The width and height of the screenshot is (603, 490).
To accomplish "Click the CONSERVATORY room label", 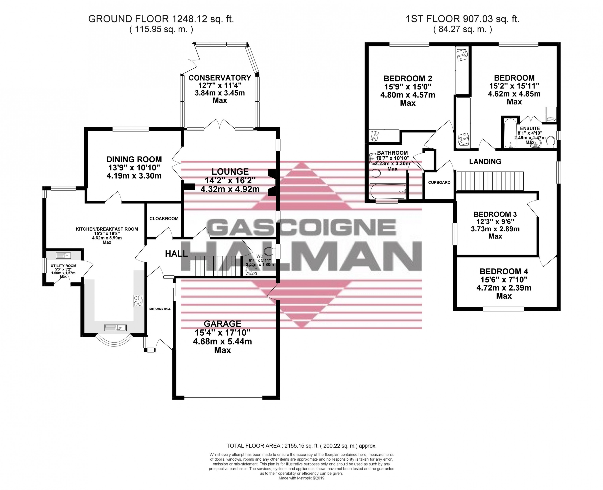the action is coord(220,78).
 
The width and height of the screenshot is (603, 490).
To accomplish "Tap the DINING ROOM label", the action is coord(134,159).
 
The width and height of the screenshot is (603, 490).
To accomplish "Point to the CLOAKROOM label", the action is coord(164,218).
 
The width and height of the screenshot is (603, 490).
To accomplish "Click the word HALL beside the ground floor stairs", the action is coord(176,254).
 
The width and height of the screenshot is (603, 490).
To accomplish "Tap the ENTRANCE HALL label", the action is coord(160,309).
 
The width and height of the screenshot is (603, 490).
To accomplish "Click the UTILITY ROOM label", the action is coord(63,266).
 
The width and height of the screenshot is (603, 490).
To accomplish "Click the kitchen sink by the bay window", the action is coord(115,328).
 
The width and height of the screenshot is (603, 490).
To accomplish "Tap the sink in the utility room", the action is coord(63,256).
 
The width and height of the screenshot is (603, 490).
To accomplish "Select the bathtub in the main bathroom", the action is coord(388,191).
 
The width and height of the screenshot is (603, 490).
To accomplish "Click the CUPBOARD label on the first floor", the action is coord(439,182).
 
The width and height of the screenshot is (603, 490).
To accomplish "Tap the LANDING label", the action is coord(485,161).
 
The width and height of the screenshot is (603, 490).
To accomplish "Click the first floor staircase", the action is coord(490,181).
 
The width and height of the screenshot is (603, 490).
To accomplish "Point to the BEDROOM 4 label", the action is coord(504,272).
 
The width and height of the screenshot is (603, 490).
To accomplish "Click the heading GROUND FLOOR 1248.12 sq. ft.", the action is coord(161,19).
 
